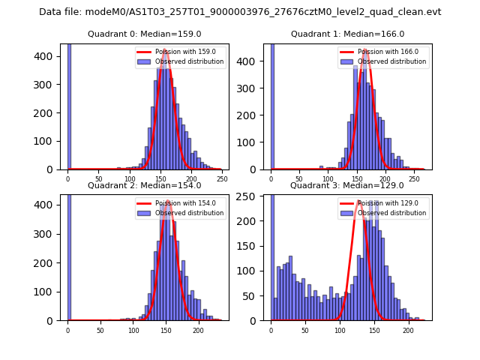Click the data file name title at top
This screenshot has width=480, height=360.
click(240, 12)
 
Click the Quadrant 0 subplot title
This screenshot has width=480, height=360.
click(144, 34)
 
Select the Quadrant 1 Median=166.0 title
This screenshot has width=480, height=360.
click(347, 34)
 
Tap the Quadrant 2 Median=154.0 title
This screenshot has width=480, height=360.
click(144, 185)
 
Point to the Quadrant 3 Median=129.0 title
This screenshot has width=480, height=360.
click(347, 185)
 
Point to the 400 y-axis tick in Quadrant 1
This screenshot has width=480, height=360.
click(256, 56)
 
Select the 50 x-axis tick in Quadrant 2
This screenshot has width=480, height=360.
click(100, 331)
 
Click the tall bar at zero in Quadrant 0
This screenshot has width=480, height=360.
click(69, 105)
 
